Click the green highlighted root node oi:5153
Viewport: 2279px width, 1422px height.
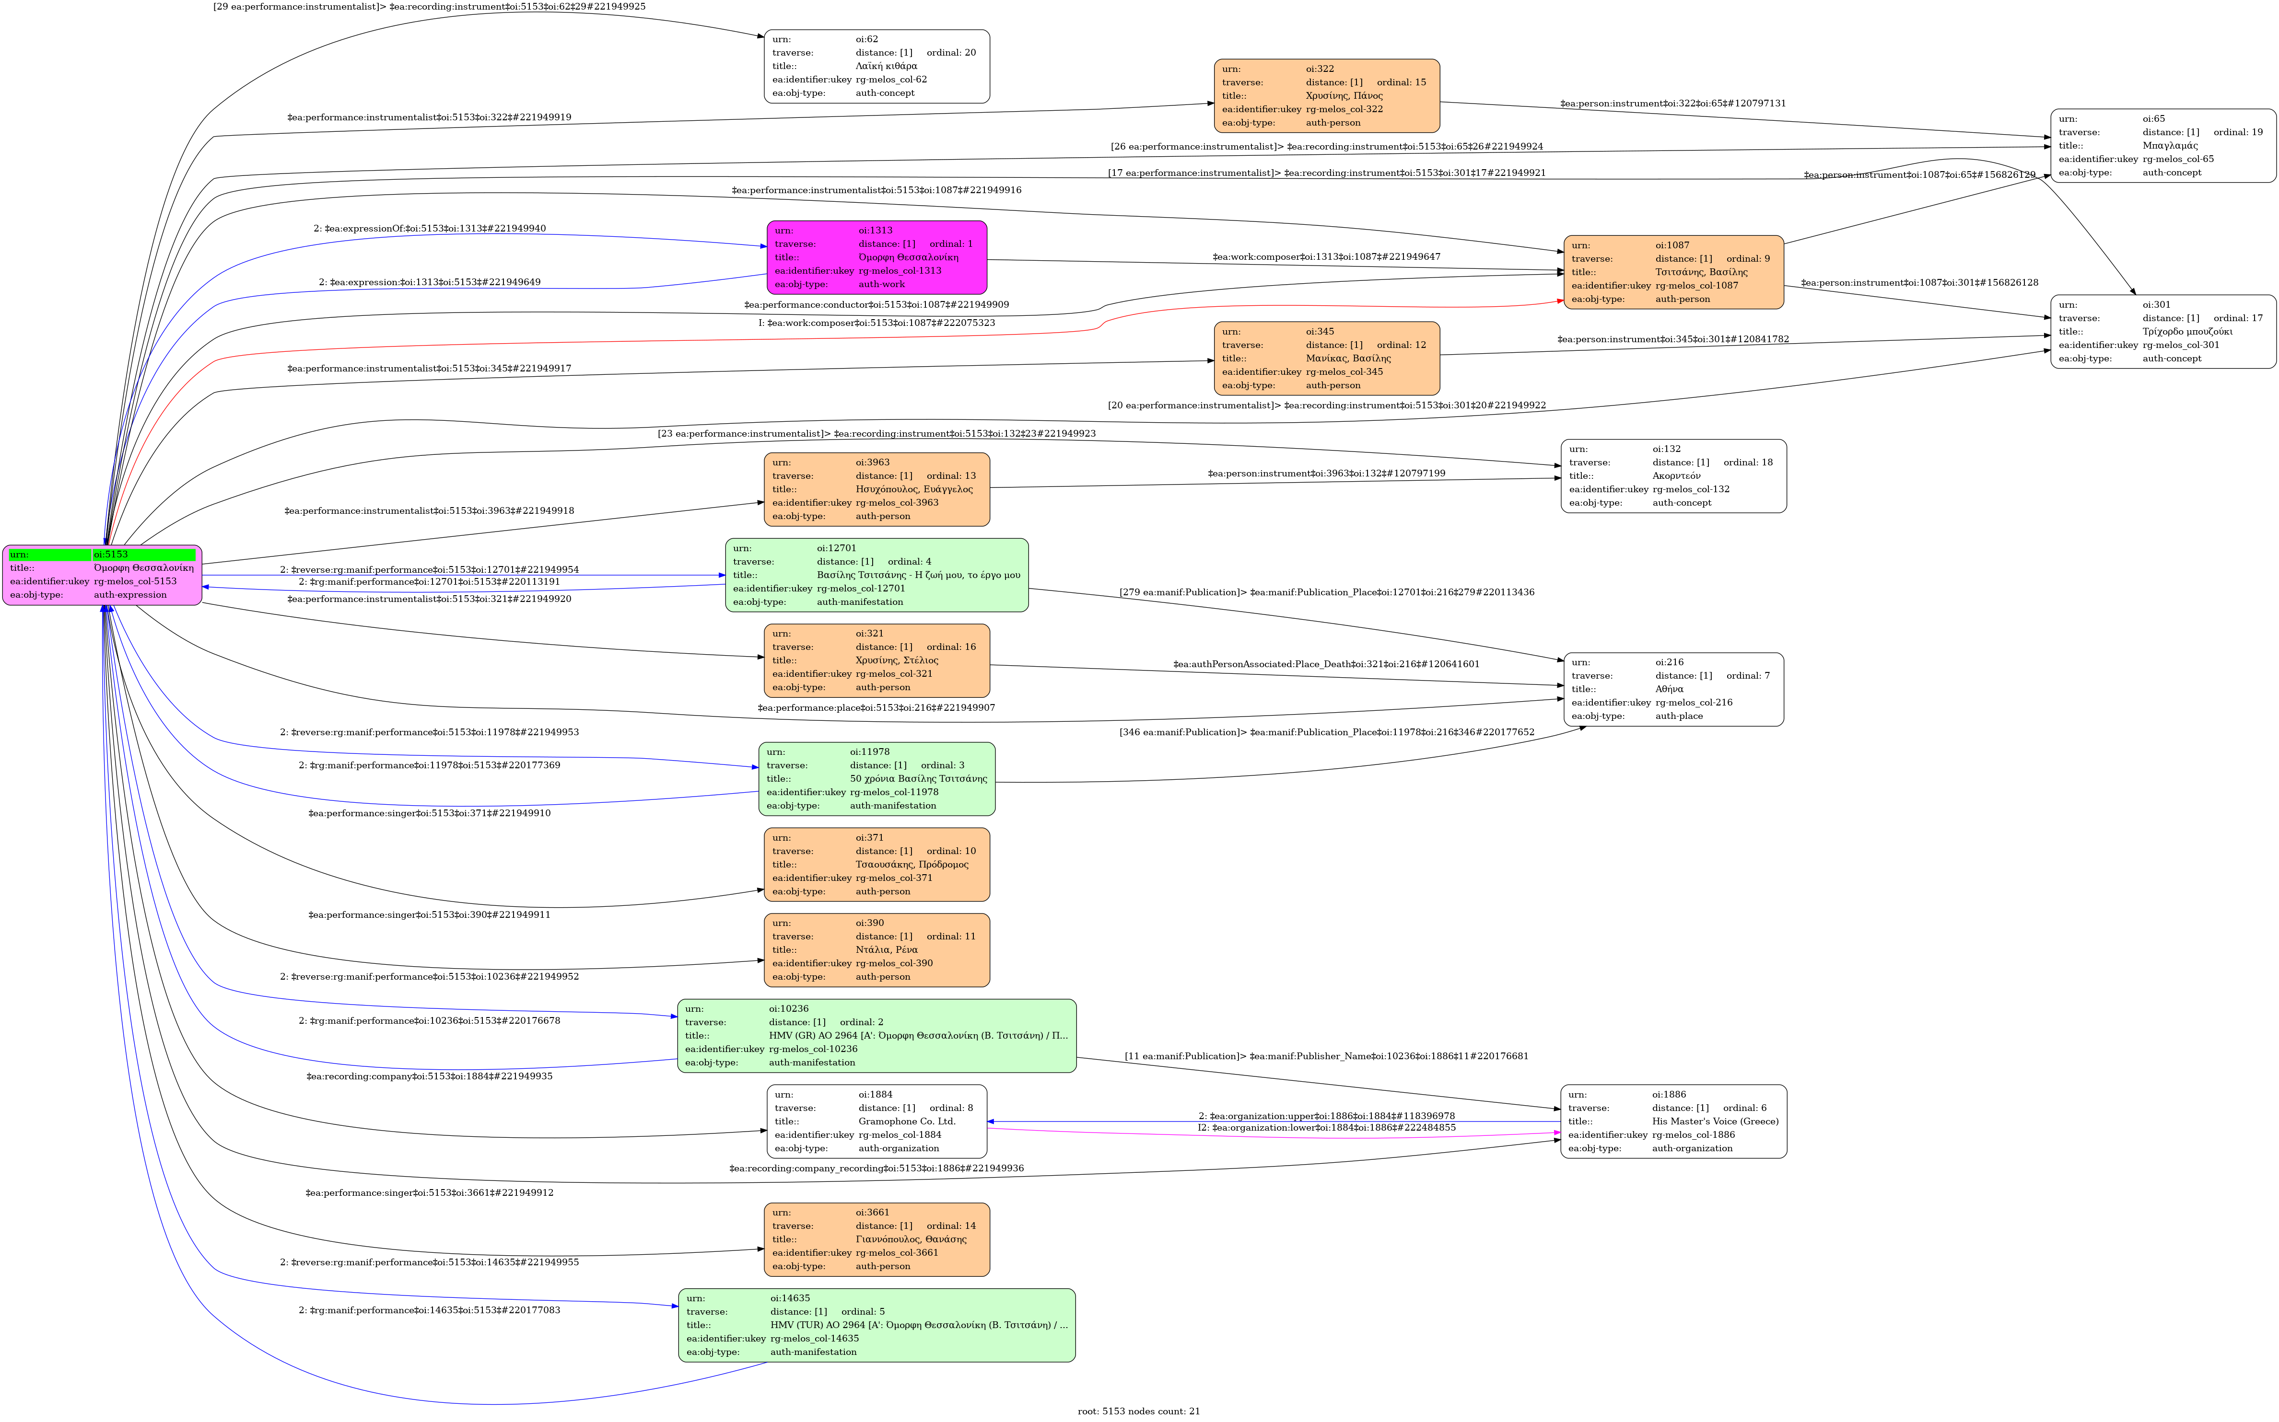102,575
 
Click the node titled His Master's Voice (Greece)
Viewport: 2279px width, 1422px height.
1673,1121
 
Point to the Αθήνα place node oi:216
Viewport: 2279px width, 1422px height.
1673,689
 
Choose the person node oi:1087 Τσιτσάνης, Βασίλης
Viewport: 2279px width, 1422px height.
1673,272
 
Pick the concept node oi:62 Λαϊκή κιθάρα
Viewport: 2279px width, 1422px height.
876,66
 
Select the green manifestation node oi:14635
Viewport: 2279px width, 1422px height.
876,1325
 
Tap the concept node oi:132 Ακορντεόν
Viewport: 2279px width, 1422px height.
1673,476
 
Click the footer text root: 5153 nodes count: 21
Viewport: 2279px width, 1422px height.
1139,1410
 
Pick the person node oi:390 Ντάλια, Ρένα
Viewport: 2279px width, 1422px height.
876,950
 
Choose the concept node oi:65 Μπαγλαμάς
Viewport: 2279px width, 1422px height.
2162,146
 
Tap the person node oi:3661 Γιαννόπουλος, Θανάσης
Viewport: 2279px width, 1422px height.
876,1239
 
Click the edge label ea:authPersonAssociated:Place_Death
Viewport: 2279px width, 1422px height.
1326,664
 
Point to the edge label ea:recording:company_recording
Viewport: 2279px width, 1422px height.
876,1168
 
